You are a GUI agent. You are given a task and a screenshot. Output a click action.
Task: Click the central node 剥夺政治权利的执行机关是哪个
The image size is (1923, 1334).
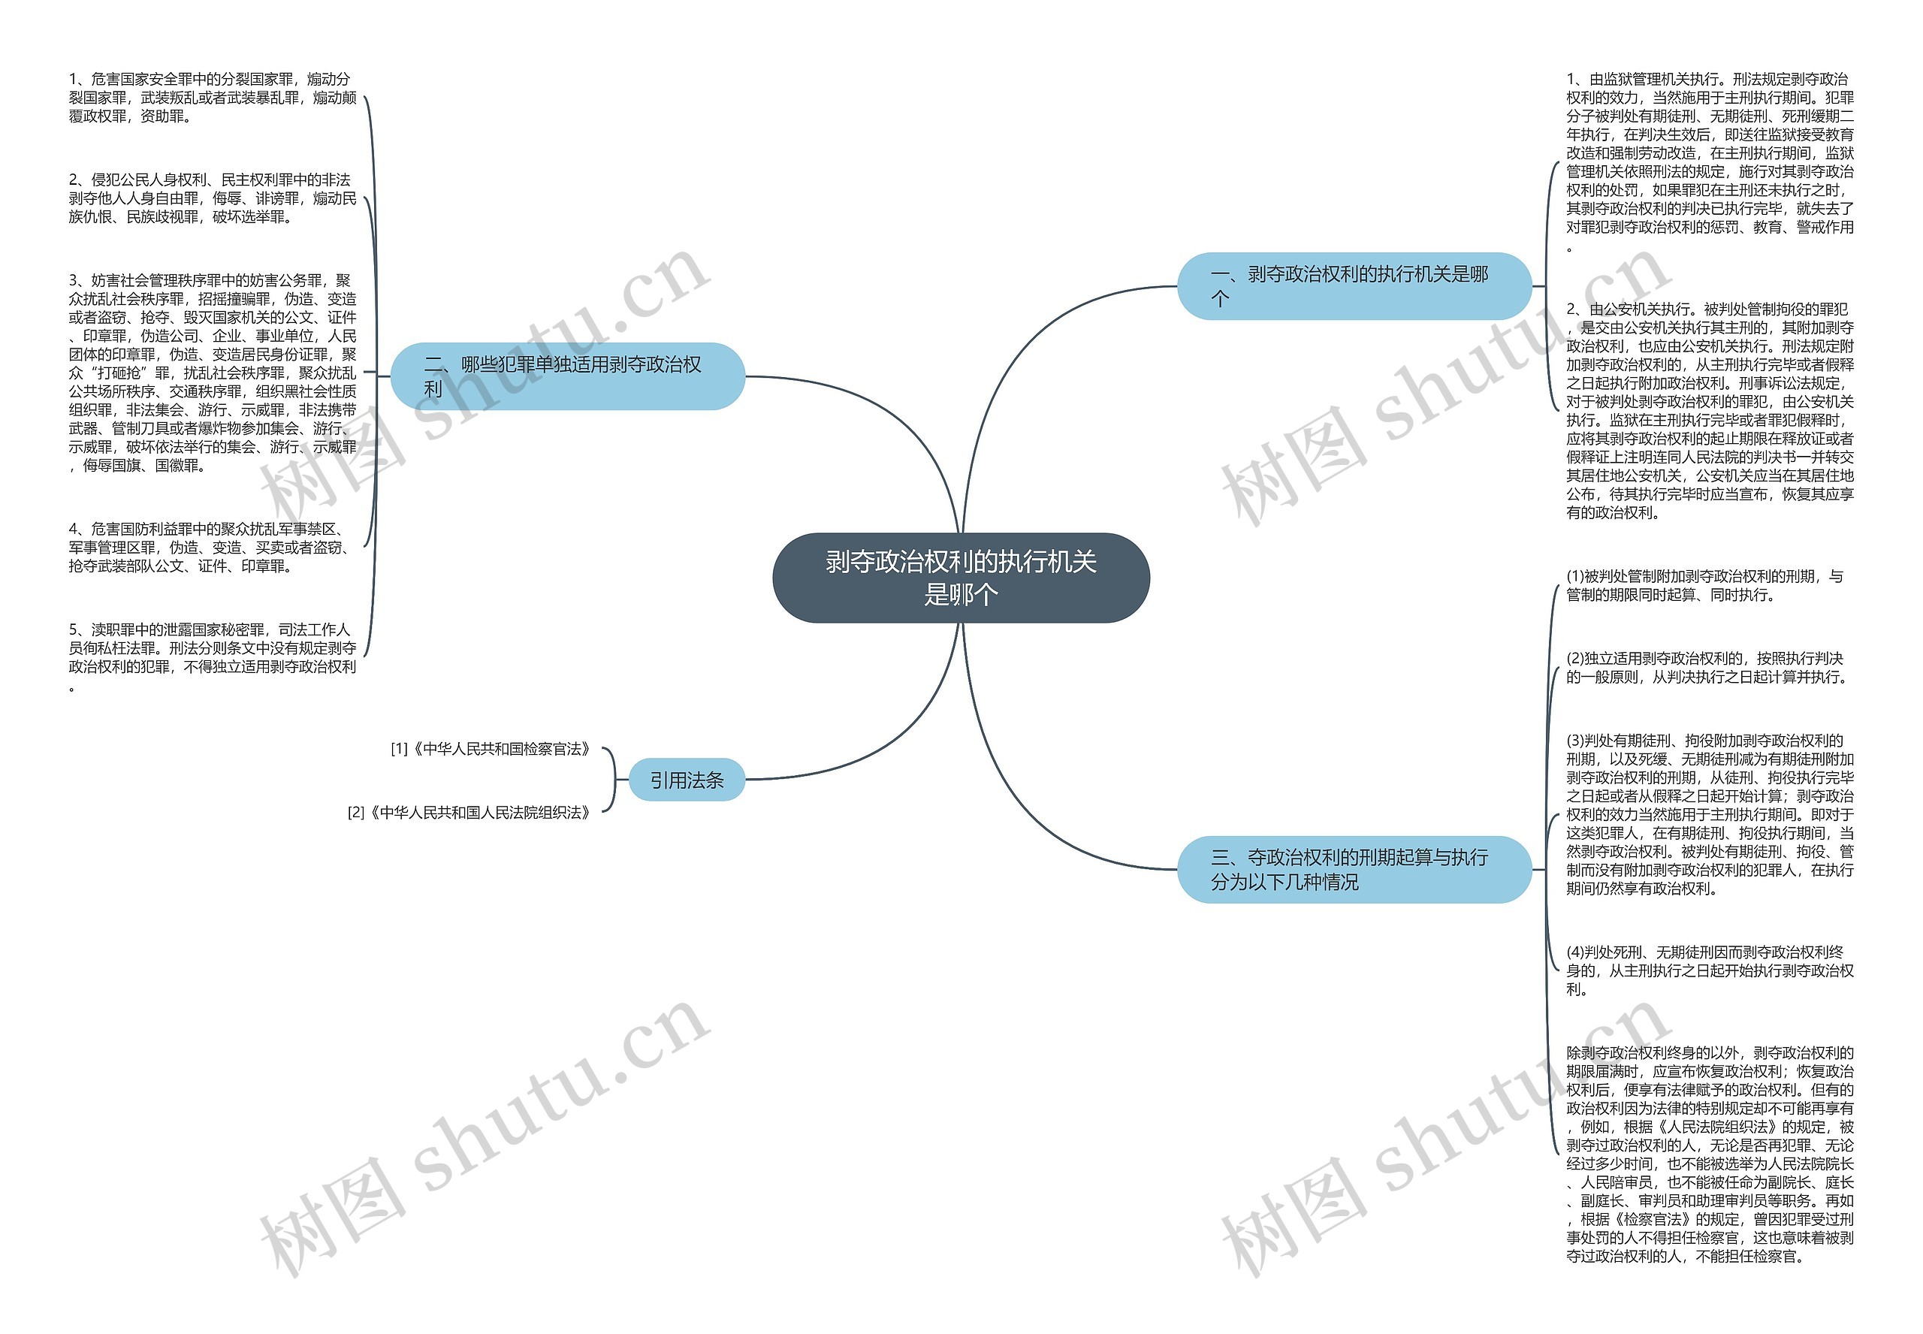(x=960, y=578)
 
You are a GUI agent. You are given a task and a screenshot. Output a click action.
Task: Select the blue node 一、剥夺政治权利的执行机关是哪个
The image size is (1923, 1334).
(x=1353, y=286)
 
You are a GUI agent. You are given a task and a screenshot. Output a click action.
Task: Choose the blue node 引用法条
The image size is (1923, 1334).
(x=686, y=780)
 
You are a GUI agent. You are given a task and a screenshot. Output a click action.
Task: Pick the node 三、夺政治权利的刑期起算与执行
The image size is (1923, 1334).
(x=1353, y=869)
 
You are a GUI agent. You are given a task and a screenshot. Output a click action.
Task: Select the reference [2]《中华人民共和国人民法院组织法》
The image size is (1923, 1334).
(x=469, y=813)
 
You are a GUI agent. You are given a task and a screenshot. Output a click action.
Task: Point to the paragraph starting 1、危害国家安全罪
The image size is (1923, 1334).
(x=213, y=98)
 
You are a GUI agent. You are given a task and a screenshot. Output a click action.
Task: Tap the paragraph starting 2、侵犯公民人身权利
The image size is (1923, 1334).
(x=213, y=199)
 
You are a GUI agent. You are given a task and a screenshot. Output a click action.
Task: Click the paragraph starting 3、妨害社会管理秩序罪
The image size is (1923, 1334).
(x=213, y=373)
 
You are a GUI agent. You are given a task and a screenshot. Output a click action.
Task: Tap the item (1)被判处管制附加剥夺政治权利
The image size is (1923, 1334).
(x=1705, y=586)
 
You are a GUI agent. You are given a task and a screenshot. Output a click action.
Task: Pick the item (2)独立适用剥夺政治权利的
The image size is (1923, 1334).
(x=1705, y=668)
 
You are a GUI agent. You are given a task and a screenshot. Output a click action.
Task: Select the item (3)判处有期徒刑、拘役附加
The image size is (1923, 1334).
(x=1709, y=814)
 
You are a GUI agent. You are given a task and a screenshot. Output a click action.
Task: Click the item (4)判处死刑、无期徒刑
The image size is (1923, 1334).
(x=1709, y=970)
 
